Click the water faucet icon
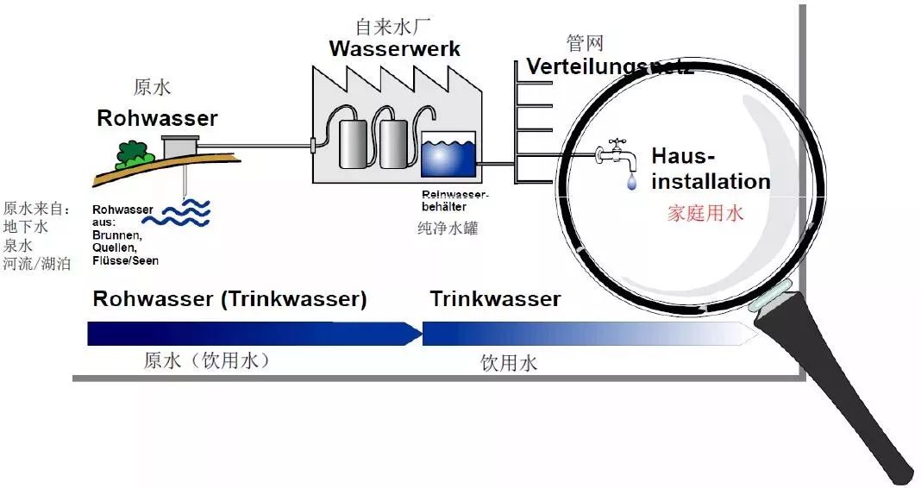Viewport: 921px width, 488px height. pyautogui.click(x=616, y=154)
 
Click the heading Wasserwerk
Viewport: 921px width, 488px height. pyautogui.click(x=394, y=49)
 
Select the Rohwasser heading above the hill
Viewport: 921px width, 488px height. pyautogui.click(x=157, y=118)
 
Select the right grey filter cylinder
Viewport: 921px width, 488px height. pyautogui.click(x=393, y=142)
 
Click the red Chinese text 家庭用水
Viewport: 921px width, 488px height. pyautogui.click(x=705, y=213)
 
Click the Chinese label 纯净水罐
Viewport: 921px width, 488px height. pyautogui.click(x=447, y=228)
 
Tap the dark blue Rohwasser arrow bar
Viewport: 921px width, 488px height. pyautogui.click(x=250, y=334)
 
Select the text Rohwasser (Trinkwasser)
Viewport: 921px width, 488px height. pyautogui.click(x=229, y=299)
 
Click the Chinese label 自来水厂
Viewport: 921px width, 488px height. pyautogui.click(x=393, y=26)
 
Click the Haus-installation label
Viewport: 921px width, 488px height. pyautogui.click(x=709, y=169)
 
